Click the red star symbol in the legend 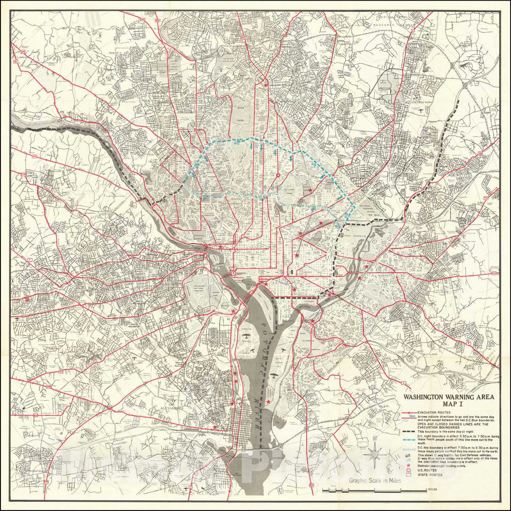tap(408, 466)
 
